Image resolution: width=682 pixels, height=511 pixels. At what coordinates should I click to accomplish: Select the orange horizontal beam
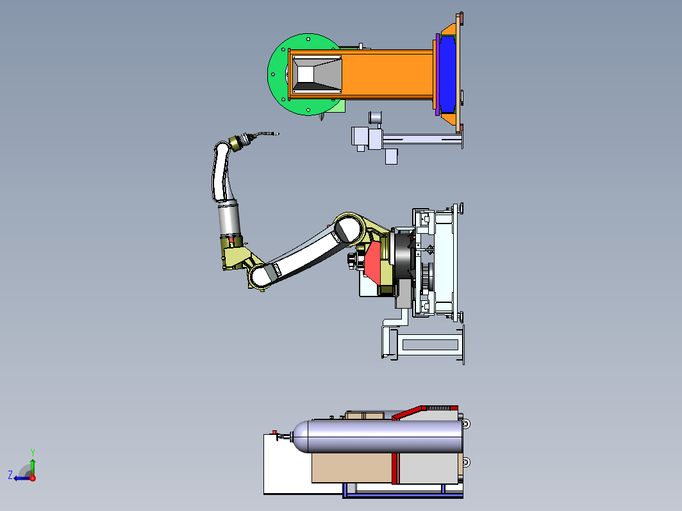point(387,74)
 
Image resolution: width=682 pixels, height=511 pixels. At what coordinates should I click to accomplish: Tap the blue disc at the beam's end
point(447,74)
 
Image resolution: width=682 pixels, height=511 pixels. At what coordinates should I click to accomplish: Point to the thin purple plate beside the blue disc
point(437,74)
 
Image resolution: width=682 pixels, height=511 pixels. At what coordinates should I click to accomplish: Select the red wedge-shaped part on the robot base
point(373,263)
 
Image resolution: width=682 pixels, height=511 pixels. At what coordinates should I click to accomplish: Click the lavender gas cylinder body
point(378,436)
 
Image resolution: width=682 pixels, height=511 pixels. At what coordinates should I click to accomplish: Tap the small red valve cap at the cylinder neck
point(274,432)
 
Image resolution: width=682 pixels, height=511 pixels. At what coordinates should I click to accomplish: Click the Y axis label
point(33,453)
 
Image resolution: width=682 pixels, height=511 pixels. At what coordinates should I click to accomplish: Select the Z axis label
point(10,475)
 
